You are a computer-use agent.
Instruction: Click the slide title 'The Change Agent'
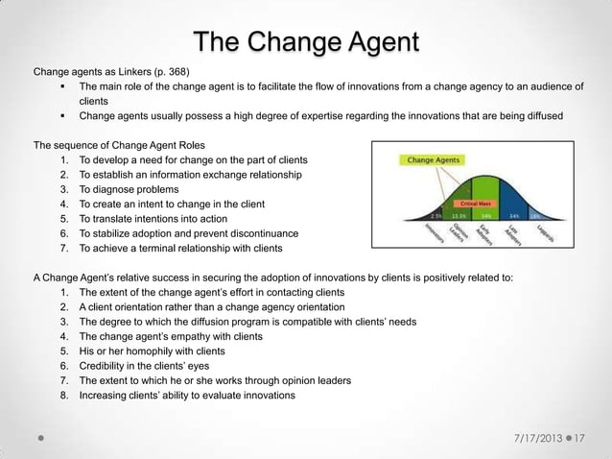click(x=306, y=43)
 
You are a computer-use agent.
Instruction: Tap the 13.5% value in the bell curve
click(x=459, y=216)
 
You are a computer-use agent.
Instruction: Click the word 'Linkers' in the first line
click(x=124, y=72)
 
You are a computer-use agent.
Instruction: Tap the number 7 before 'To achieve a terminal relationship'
click(x=63, y=249)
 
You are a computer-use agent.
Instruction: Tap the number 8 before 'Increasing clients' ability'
click(x=63, y=396)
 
